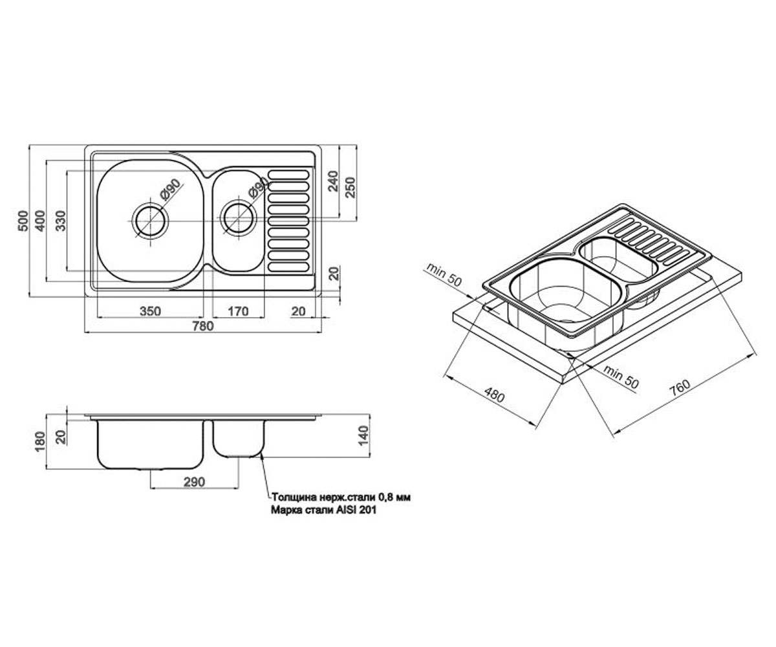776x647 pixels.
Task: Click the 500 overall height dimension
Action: pyautogui.click(x=23, y=221)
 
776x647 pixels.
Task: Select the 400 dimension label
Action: pyautogui.click(x=40, y=221)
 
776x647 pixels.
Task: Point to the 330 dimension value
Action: pyautogui.click(x=61, y=221)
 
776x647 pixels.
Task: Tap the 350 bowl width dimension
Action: pyautogui.click(x=150, y=311)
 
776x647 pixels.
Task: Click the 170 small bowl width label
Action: pyautogui.click(x=238, y=311)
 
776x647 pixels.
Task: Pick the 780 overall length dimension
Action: pyautogui.click(x=203, y=326)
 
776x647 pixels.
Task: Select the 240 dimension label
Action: pyautogui.click(x=334, y=181)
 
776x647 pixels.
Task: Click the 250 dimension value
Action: pyautogui.click(x=350, y=187)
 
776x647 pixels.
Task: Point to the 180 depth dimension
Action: pyautogui.click(x=39, y=441)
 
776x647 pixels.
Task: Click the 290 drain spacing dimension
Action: pyautogui.click(x=194, y=482)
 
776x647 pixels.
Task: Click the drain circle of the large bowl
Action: pyautogui.click(x=150, y=221)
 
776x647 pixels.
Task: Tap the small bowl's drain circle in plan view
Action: pyautogui.click(x=238, y=218)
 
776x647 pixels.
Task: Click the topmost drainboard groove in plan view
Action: pyautogui.click(x=288, y=175)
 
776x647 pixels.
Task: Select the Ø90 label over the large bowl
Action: pyautogui.click(x=170, y=190)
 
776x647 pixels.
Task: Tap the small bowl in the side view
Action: pyautogui.click(x=239, y=439)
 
